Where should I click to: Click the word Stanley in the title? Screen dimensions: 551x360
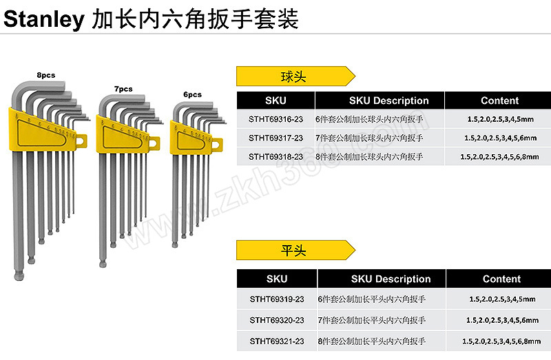click(44, 19)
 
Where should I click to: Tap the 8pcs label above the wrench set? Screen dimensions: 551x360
click(46, 75)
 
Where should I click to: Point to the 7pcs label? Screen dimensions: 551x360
click(123, 89)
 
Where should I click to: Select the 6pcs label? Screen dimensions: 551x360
click(193, 94)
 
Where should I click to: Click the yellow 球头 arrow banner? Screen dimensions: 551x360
click(295, 76)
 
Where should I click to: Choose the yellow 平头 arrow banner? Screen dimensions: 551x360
click(295, 250)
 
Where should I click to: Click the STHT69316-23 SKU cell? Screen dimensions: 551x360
click(276, 119)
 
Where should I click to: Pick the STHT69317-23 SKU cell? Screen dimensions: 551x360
click(276, 138)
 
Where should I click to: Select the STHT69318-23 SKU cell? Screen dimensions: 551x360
click(276, 157)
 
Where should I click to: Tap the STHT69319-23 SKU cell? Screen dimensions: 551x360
click(277, 299)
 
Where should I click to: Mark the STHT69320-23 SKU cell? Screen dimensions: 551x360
click(277, 320)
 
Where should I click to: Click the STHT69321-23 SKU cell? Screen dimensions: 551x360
click(277, 341)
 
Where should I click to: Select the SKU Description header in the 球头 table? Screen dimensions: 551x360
click(388, 100)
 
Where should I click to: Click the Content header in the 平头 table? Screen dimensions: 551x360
click(501, 279)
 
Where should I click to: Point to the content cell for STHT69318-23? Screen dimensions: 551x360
click(499, 157)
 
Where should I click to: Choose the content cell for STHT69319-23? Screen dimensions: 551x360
click(502, 299)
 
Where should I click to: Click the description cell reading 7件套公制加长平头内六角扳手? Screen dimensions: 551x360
click(371, 320)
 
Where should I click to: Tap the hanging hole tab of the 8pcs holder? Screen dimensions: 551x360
click(81, 141)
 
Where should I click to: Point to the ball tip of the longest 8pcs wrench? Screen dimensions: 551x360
click(19, 276)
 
